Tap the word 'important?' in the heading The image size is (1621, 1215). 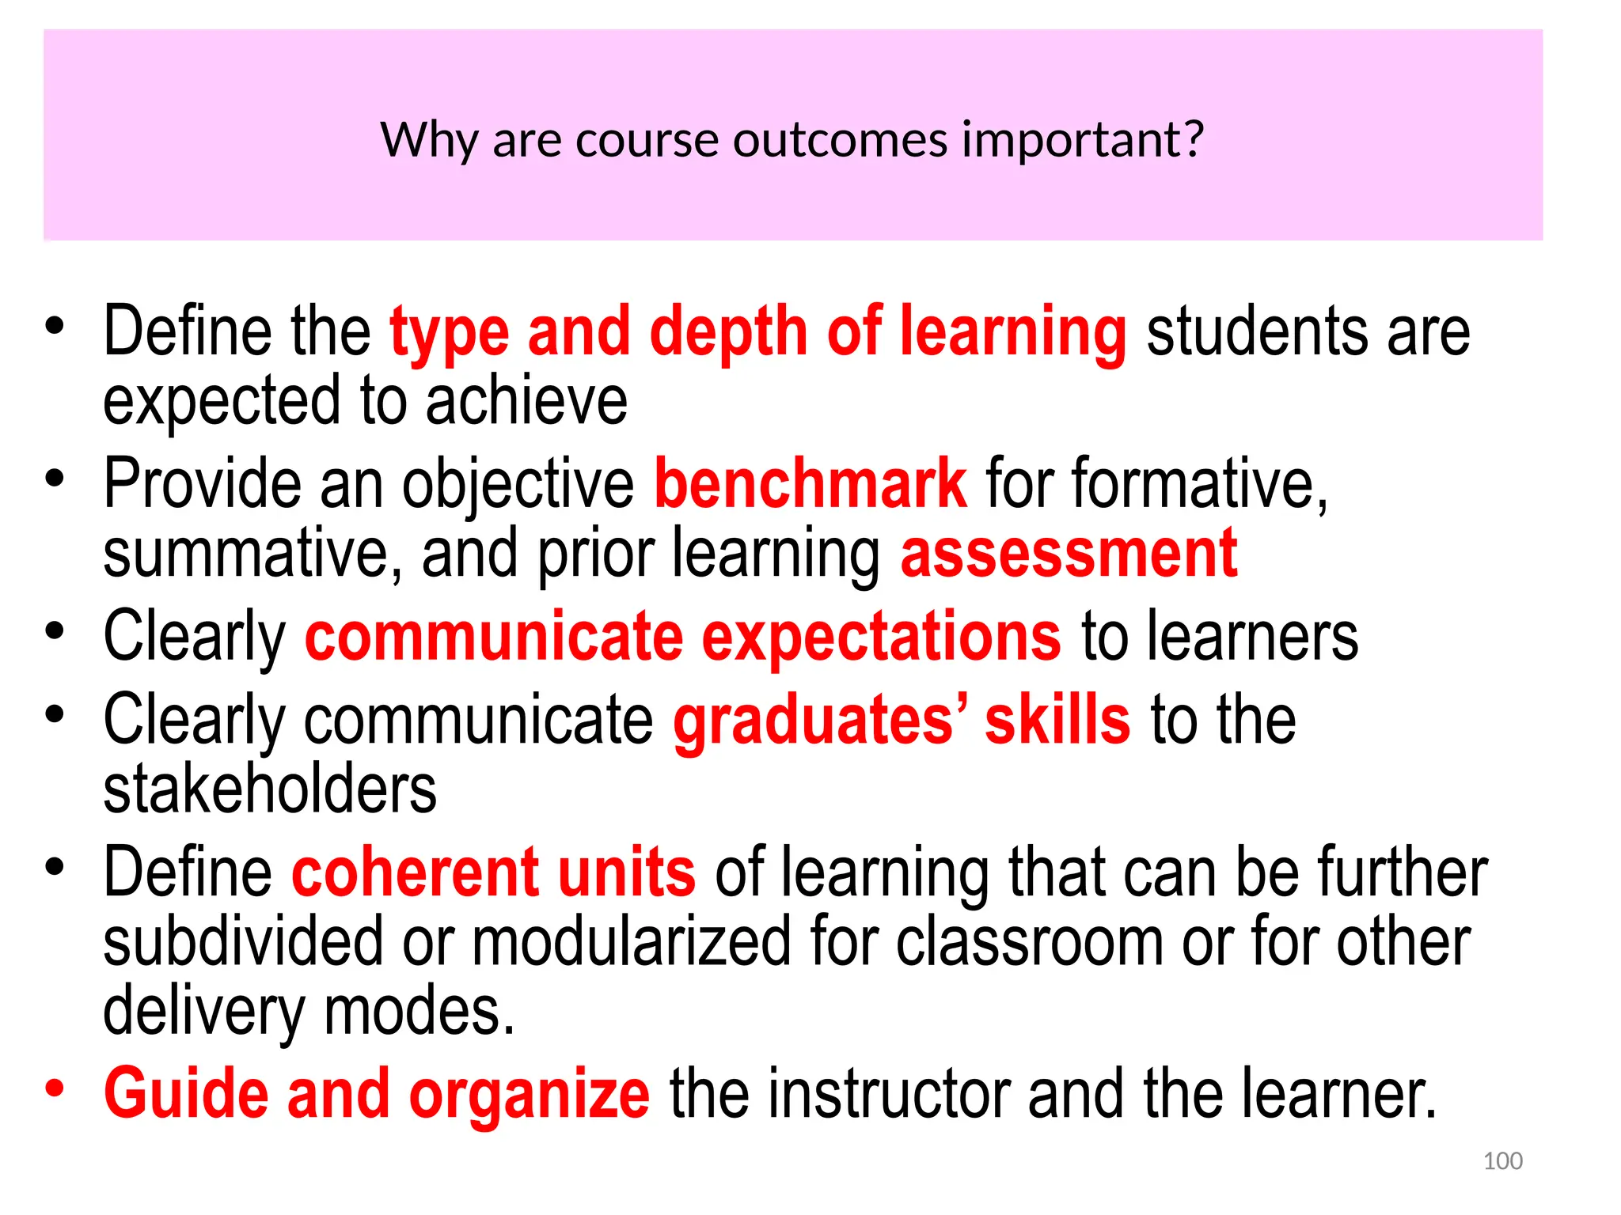point(1083,142)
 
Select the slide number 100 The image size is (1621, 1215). point(1502,1160)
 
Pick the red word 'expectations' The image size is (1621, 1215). point(881,637)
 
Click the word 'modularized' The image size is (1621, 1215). point(632,941)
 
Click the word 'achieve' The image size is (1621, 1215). point(526,401)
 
